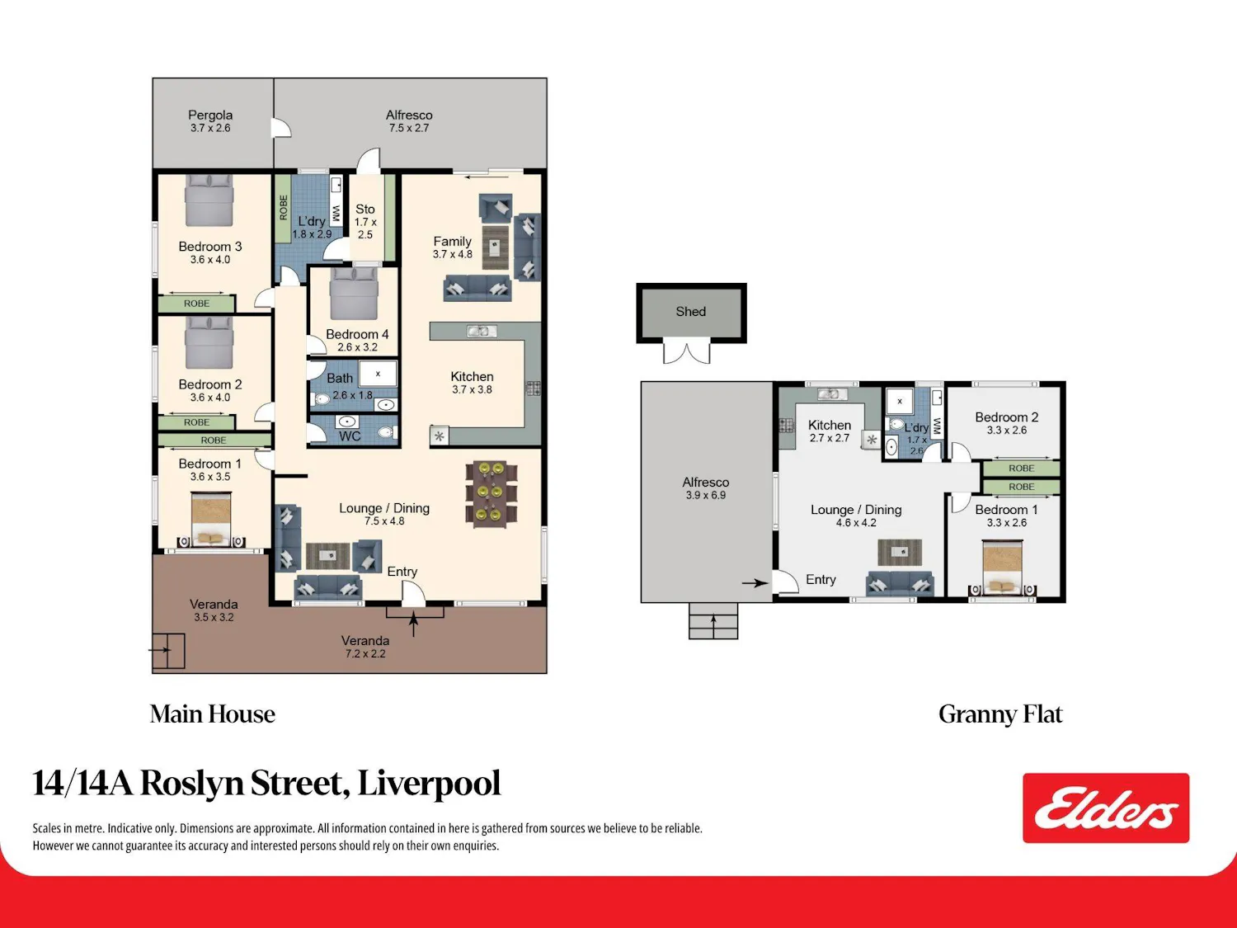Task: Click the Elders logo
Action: [x=1106, y=808]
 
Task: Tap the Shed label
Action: [x=690, y=311]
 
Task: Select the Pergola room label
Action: [x=210, y=115]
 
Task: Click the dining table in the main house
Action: [x=492, y=495]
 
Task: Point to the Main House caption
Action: [x=213, y=714]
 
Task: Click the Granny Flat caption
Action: [x=1000, y=714]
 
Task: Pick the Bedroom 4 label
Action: [x=357, y=334]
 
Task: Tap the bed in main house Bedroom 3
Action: [x=209, y=200]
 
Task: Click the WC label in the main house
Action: [x=350, y=436]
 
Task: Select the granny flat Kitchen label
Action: [x=829, y=425]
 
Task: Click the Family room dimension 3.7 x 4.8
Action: [x=452, y=254]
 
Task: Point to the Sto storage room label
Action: [x=365, y=209]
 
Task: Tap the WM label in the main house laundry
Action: [x=336, y=213]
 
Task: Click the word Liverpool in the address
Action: [x=429, y=783]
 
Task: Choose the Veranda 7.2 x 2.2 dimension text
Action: [x=365, y=653]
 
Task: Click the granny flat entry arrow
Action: [x=755, y=583]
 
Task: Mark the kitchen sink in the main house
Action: [x=482, y=332]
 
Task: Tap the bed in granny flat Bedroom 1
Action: [x=1002, y=567]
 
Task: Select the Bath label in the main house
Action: [x=339, y=378]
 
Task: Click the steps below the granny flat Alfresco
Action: [x=713, y=620]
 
